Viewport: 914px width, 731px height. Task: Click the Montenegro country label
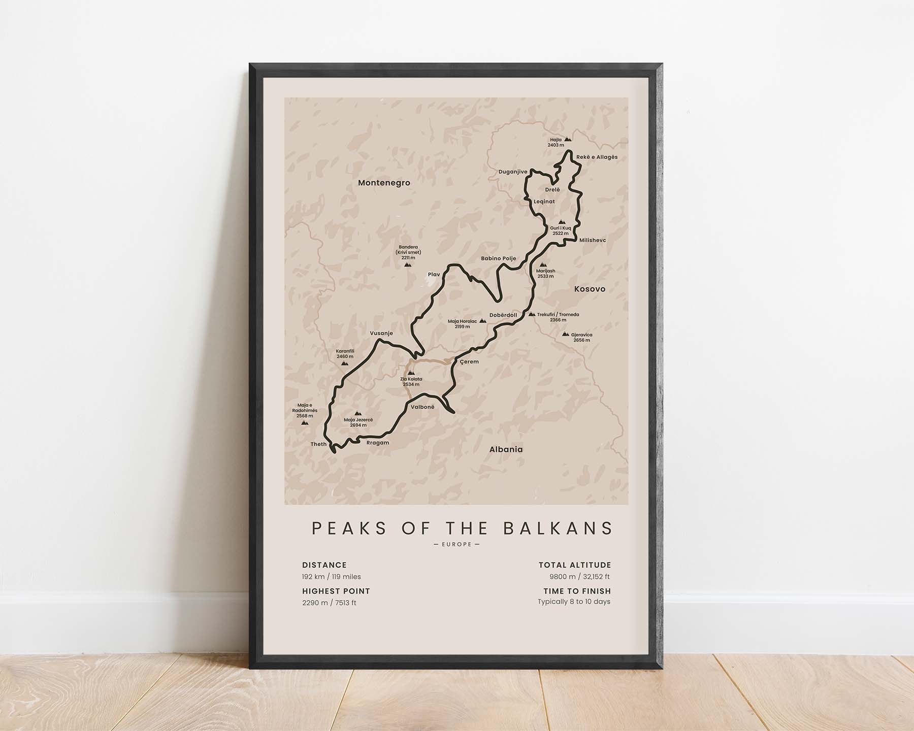tap(384, 183)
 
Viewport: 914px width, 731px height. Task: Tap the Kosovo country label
tap(590, 289)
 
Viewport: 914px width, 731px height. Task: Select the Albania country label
tap(506, 449)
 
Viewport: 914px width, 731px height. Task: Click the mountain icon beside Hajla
tap(568, 139)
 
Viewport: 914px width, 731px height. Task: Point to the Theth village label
tap(319, 444)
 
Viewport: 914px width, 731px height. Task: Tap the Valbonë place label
tap(422, 407)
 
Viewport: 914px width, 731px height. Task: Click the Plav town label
tap(434, 275)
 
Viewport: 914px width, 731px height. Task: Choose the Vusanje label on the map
tap(381, 333)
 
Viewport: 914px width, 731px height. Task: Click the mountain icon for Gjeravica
tap(565, 334)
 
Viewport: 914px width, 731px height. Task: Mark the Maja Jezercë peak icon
tap(358, 413)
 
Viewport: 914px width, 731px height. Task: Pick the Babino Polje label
tap(498, 258)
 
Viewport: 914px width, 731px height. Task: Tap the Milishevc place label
tap(593, 240)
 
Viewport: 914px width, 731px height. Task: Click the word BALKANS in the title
tap(558, 528)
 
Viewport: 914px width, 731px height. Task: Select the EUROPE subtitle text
tap(456, 544)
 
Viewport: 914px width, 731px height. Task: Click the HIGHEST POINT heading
tap(336, 591)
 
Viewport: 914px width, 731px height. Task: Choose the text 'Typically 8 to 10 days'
tap(574, 602)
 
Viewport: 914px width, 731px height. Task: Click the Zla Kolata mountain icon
tap(411, 373)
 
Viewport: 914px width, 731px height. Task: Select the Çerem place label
tap(469, 362)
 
